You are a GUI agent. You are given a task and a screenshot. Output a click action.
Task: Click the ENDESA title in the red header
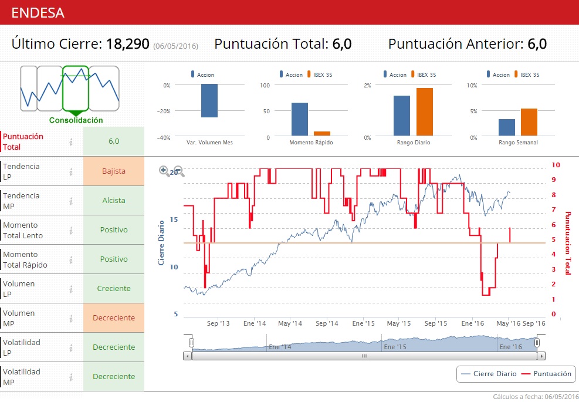[x=38, y=12]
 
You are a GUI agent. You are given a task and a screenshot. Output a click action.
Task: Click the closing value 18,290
[x=127, y=43]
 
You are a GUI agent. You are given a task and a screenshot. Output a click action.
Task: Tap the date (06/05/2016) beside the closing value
[x=175, y=46]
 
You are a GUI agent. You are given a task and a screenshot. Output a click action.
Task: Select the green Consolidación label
[x=76, y=120]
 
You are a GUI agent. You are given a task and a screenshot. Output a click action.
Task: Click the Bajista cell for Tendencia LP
[x=114, y=171]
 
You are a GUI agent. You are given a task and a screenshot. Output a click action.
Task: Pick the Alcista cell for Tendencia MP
[x=114, y=200]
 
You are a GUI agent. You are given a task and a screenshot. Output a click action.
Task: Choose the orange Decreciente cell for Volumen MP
[x=114, y=317]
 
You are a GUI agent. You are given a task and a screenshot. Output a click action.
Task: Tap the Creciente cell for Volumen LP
[x=114, y=288]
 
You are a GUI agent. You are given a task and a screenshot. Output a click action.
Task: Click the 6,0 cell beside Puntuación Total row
[x=114, y=141]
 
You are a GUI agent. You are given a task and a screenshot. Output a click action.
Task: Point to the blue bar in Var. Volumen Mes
[x=209, y=100]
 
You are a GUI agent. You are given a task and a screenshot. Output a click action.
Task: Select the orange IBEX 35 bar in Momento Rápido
[x=322, y=134]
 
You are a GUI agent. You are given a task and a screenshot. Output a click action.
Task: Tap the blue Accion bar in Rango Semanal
[x=507, y=127]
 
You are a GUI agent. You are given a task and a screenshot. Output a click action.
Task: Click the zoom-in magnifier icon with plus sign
[x=165, y=171]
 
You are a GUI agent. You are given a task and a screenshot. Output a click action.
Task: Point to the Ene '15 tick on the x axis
[x=363, y=323]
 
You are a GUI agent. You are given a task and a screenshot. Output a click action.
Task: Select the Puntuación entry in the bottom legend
[x=547, y=374]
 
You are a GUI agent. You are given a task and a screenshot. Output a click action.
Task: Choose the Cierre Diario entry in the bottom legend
[x=489, y=374]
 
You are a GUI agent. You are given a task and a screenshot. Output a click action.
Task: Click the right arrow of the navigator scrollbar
[x=541, y=356]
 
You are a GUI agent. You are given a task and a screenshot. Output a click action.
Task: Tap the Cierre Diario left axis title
[x=161, y=243]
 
